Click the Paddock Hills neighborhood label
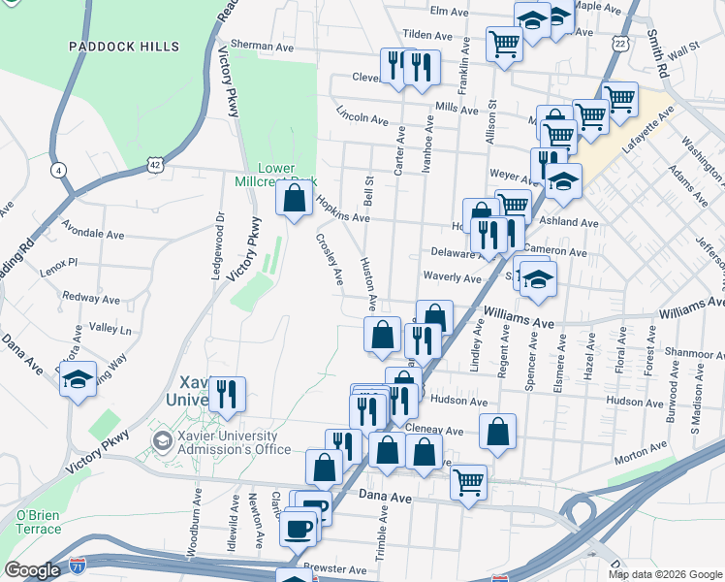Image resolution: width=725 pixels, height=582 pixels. [x=124, y=47]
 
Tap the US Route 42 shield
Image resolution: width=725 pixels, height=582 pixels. [x=155, y=165]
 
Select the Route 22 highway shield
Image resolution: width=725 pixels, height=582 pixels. [x=620, y=44]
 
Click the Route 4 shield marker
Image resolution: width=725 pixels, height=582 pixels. [x=60, y=170]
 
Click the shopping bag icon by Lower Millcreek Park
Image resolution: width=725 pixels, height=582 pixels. [x=294, y=200]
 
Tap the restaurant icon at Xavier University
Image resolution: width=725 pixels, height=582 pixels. [x=227, y=394]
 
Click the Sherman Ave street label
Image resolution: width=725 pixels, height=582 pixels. [x=262, y=46]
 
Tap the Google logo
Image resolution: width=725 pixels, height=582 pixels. [x=32, y=570]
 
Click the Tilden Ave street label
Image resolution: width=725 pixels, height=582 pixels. [x=428, y=34]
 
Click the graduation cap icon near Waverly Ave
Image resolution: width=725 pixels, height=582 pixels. [x=539, y=278]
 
